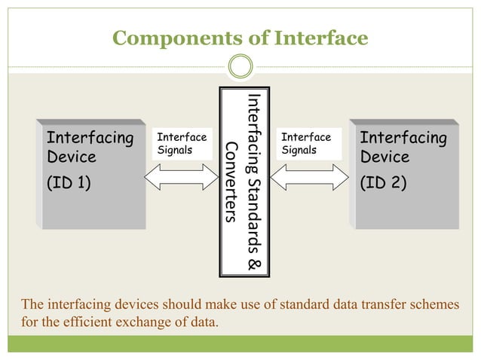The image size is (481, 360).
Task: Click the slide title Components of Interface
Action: [240, 38]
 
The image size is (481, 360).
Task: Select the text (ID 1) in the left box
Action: [69, 182]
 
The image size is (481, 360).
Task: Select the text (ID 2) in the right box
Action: [383, 182]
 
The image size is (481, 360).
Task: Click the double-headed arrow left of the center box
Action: [185, 178]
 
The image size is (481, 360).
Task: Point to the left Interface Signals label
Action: [182, 144]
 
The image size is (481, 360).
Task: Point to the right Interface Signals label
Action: [306, 144]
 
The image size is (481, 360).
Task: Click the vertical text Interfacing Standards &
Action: [254, 182]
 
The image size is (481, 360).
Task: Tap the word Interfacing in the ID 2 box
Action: [403, 138]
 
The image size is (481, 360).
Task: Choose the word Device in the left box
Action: [71, 157]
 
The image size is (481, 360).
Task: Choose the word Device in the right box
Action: [384, 157]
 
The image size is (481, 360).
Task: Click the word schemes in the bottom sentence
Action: [433, 305]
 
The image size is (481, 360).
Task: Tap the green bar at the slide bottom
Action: [240, 343]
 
